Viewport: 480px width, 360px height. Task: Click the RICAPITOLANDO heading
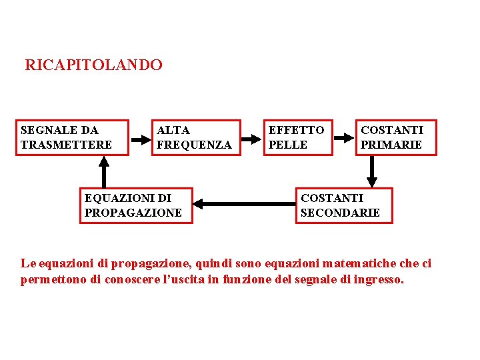(93, 65)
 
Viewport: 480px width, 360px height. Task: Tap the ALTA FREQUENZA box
(198, 137)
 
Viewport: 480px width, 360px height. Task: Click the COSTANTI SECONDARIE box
(344, 205)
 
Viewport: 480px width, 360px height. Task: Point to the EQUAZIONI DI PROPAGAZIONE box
(136, 205)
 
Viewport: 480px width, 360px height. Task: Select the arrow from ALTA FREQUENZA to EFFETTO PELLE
(252, 139)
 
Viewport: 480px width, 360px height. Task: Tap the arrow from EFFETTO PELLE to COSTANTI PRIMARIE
(344, 138)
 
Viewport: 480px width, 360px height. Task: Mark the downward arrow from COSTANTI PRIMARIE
(373, 172)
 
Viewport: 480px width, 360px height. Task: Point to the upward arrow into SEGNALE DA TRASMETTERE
(104, 172)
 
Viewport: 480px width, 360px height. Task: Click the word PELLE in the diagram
(288, 145)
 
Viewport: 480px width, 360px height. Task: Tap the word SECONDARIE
(340, 213)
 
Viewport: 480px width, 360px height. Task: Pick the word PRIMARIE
(391, 145)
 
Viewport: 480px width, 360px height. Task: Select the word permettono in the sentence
(53, 280)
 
